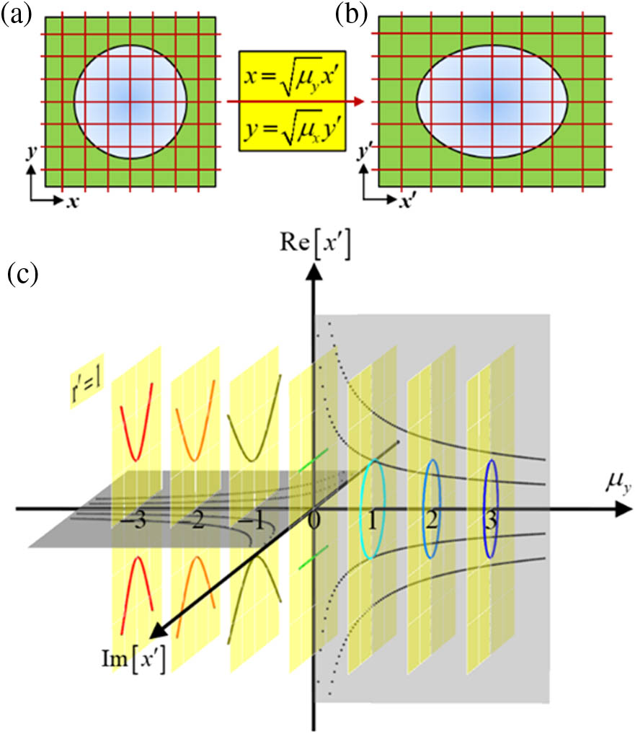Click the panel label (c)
(x=21, y=275)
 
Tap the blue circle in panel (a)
(x=131, y=101)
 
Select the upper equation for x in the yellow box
(x=293, y=75)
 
